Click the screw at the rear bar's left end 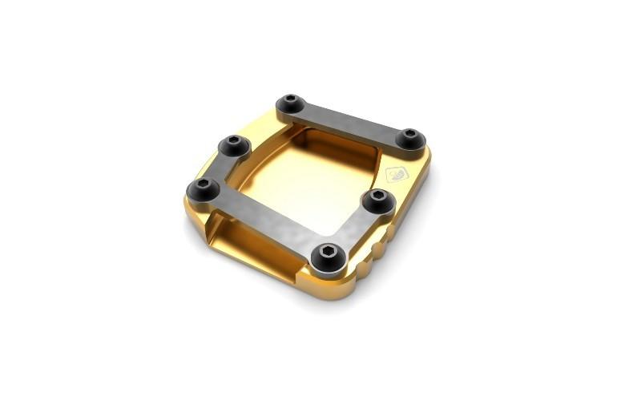[x=290, y=104]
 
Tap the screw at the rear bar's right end [x=411, y=138]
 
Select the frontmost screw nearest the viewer [x=329, y=254]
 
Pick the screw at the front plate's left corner [x=204, y=189]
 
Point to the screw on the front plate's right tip [x=377, y=200]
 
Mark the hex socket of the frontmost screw [x=329, y=253]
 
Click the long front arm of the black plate [x=264, y=221]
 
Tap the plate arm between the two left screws [x=219, y=167]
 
